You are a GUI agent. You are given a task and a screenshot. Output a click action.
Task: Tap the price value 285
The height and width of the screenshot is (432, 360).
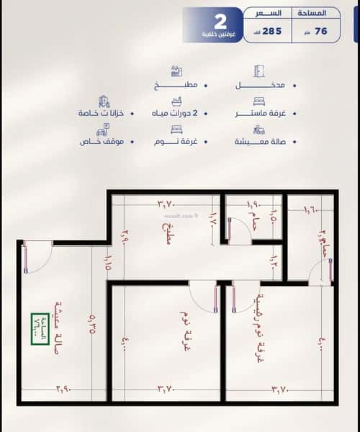272,31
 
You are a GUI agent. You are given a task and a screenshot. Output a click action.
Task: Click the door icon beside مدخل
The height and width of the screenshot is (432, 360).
260,71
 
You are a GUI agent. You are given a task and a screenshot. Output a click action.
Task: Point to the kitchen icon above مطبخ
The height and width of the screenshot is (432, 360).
176,71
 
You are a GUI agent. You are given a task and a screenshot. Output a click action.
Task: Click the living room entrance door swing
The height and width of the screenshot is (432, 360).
37,256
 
